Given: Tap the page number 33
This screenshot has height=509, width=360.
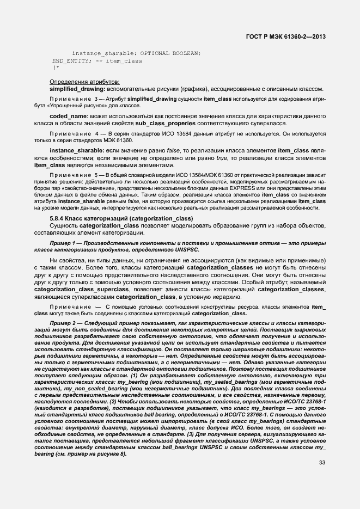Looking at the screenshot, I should (323, 479).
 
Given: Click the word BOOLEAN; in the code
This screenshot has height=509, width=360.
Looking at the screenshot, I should (187, 53).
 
